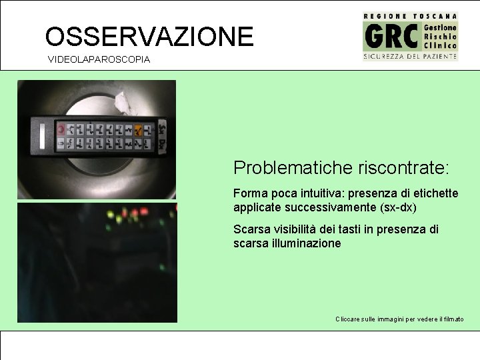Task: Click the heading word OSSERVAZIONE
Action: click(149, 36)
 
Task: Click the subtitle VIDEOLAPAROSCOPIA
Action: click(99, 60)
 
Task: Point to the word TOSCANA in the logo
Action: click(435, 15)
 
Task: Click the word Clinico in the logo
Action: click(441, 46)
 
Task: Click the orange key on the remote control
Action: click(138, 129)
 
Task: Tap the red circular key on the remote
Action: click(61, 128)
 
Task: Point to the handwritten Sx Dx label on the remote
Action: click(162, 136)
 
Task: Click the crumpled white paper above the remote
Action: click(124, 102)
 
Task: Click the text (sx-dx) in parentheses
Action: click(399, 207)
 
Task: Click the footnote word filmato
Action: click(451, 319)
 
